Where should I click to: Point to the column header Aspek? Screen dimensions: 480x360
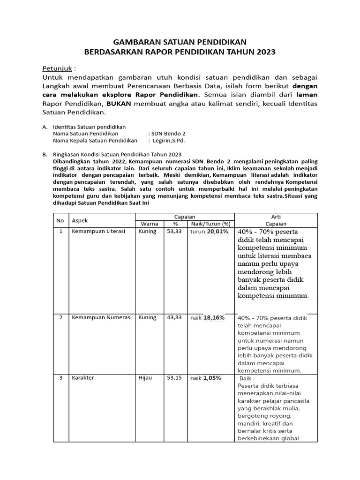(x=80, y=220)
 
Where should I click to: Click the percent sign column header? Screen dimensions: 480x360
(x=175, y=224)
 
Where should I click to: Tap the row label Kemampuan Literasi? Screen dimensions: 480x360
(x=98, y=232)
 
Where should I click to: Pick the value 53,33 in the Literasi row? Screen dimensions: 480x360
(x=174, y=232)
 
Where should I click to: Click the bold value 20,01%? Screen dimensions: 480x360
(x=218, y=232)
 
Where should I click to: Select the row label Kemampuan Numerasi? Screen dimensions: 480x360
(x=101, y=317)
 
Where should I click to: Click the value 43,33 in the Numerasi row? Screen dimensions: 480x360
(x=174, y=317)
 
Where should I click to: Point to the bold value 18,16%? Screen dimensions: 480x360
(x=214, y=317)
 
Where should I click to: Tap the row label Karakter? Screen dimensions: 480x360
(x=82, y=378)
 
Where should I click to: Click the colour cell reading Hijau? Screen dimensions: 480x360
(x=146, y=378)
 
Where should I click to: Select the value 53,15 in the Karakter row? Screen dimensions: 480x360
(x=174, y=378)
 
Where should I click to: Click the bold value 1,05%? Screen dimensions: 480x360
(x=212, y=378)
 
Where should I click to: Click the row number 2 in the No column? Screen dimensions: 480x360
(x=60, y=317)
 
